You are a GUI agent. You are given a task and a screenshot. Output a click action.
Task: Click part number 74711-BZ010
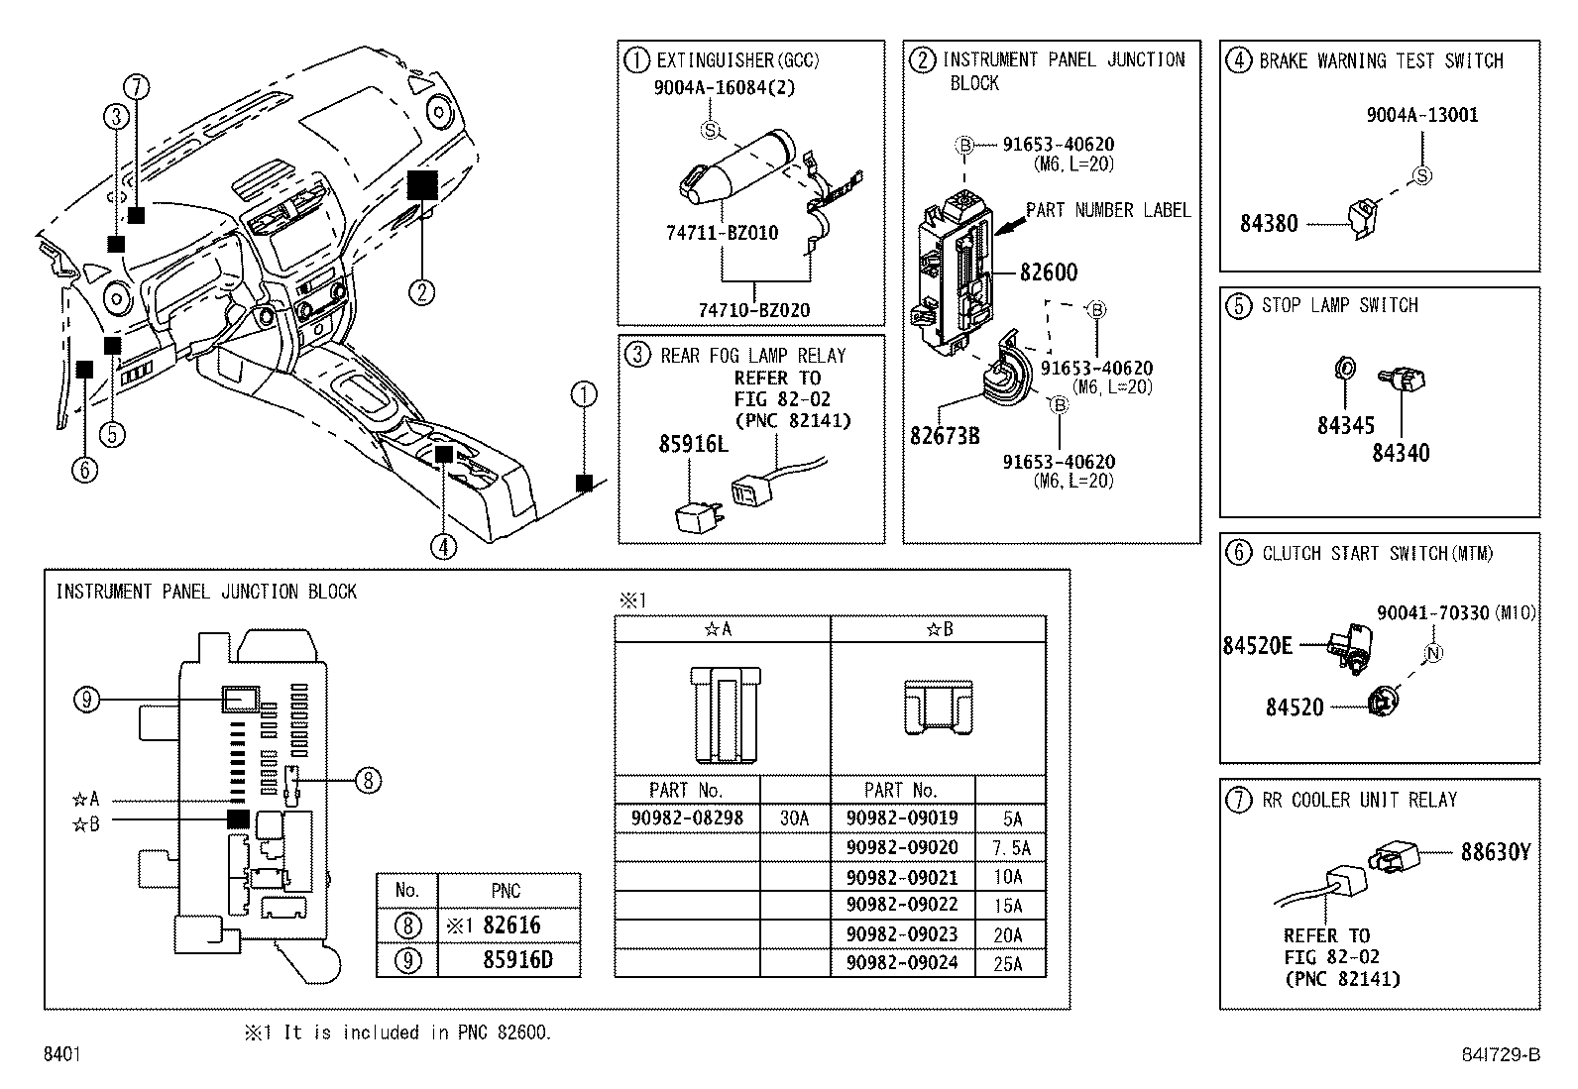pos(722,233)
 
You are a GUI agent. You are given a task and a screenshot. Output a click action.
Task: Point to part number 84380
pos(1268,223)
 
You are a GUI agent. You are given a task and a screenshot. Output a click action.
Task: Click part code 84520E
pos(1256,645)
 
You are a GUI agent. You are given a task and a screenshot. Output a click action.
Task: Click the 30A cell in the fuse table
pos(794,818)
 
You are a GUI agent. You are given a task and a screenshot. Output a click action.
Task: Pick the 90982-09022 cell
pos(902,906)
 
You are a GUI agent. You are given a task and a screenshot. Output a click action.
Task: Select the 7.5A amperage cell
pos(1010,848)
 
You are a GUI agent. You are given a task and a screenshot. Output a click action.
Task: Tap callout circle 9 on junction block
pos(87,701)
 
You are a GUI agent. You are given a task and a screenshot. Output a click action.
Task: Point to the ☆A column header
pos(721,629)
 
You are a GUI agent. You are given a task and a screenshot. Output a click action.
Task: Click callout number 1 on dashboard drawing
pos(585,395)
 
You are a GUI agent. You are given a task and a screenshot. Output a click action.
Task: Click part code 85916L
pos(693,444)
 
